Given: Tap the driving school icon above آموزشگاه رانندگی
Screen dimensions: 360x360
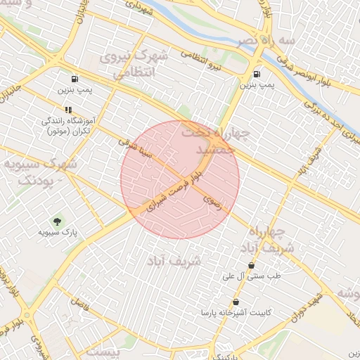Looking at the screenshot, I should click(x=68, y=110).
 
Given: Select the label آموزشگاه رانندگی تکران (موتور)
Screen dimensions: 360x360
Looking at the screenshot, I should click(x=68, y=126).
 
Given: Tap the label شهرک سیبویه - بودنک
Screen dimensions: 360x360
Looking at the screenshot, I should click(x=39, y=172).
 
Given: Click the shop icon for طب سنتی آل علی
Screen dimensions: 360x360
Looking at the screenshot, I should click(x=251, y=265).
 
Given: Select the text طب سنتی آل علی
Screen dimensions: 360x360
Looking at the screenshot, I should click(x=251, y=276).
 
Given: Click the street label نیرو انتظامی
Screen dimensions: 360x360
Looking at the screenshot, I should click(x=207, y=65).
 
